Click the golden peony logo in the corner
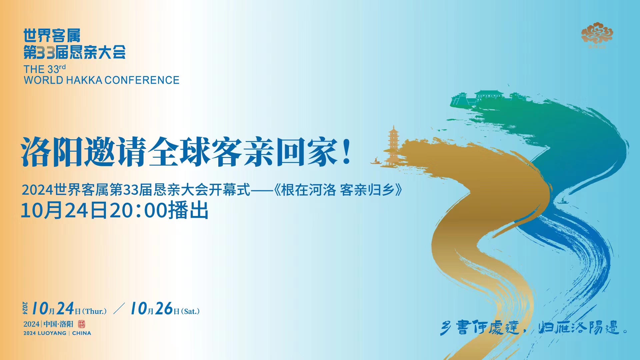(597, 34)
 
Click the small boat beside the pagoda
(376, 162)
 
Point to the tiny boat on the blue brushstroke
(562, 201)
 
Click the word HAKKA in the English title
(84, 80)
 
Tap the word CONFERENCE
(142, 80)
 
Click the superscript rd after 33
(62, 67)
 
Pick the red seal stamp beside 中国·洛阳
(81, 324)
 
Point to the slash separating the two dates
(119, 309)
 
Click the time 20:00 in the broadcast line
(138, 210)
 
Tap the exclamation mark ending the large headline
(347, 152)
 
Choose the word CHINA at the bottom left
(81, 333)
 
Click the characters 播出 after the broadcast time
(188, 210)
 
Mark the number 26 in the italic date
(164, 309)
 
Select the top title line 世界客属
(52, 36)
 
